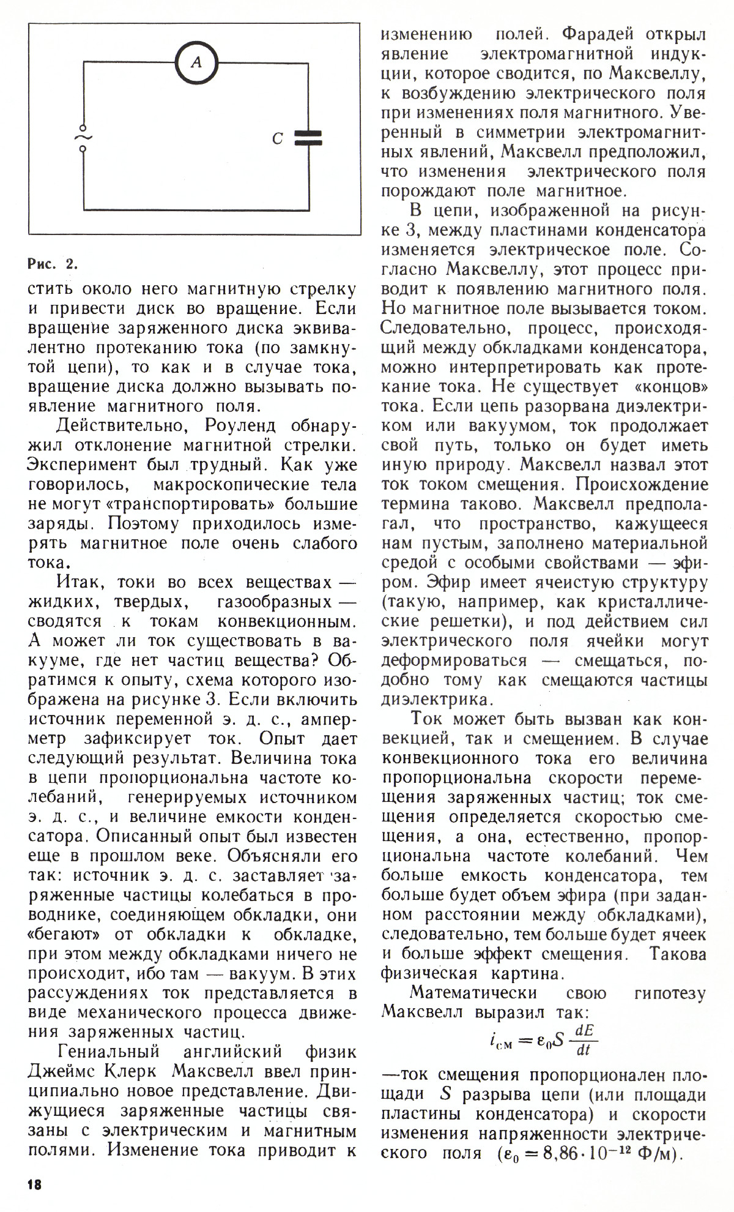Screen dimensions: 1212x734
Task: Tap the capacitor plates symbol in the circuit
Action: [x=308, y=138]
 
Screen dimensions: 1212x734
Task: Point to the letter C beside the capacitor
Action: [x=277, y=140]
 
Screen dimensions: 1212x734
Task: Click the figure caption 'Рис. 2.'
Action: [x=53, y=265]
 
